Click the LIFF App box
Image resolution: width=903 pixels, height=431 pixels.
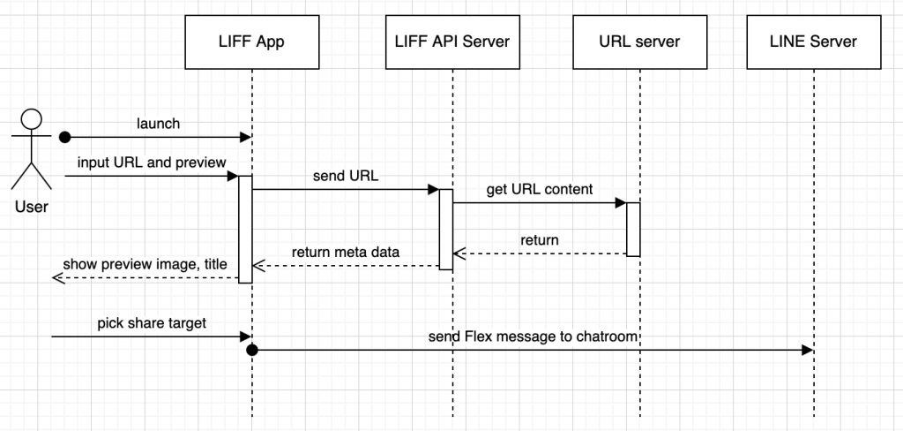(251, 42)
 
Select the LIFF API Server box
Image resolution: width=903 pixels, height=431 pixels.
(452, 42)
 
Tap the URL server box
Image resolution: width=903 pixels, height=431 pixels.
(639, 42)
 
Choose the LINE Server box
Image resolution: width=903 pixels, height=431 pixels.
(813, 42)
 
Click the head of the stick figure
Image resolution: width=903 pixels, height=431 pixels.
(31, 119)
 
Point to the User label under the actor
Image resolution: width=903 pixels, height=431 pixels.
(31, 207)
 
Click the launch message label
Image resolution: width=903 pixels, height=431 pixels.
(158, 123)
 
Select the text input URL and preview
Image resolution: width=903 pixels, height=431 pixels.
(152, 163)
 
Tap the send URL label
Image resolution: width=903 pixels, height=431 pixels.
(346, 177)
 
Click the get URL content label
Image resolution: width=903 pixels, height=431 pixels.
(540, 189)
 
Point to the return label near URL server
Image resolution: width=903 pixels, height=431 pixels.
(540, 239)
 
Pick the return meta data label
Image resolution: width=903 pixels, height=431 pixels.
(346, 252)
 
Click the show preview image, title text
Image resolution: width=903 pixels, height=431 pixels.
(146, 264)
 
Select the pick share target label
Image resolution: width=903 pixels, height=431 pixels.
(152, 323)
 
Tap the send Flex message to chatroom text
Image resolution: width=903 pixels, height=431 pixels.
(534, 336)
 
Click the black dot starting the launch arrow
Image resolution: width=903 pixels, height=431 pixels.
(64, 137)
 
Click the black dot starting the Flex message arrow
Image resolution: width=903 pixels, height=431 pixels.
(251, 350)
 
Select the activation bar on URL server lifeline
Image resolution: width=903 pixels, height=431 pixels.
(633, 229)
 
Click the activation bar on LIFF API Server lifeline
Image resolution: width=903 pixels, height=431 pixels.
(445, 229)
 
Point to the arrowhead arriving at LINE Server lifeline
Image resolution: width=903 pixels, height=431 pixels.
(808, 350)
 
